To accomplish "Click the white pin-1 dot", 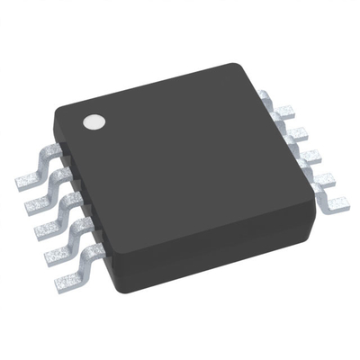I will (x=92, y=121).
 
